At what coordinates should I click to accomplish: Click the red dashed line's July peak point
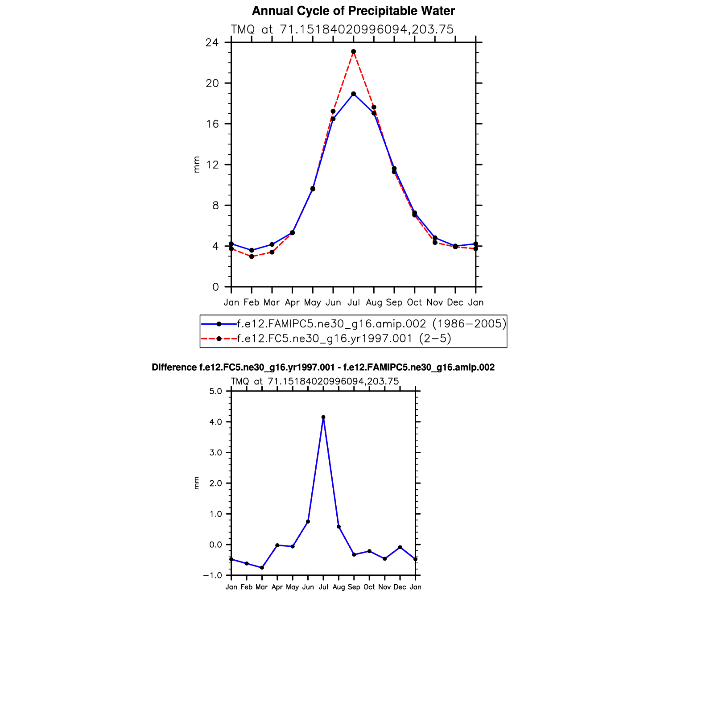point(353,52)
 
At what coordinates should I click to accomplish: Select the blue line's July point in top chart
point(353,94)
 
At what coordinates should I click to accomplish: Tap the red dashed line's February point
point(252,256)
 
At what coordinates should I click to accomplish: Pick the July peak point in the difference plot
point(323,417)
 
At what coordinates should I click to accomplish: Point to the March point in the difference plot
point(262,568)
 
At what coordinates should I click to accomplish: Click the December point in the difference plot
point(400,547)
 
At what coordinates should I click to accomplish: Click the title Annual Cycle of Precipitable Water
point(353,11)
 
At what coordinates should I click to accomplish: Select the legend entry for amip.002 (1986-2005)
point(371,324)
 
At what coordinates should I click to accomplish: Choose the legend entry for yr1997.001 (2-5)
point(343,339)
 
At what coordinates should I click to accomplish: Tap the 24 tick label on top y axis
point(212,43)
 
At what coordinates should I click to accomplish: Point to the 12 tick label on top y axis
point(212,165)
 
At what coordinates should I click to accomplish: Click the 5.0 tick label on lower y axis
point(215,392)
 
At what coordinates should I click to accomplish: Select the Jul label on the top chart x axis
point(353,302)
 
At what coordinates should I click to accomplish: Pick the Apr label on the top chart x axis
point(292,302)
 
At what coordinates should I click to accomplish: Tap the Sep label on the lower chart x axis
point(354,587)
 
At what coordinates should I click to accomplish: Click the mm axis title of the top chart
point(196,164)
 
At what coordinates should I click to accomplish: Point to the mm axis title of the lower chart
point(196,483)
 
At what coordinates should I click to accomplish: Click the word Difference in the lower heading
point(174,368)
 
